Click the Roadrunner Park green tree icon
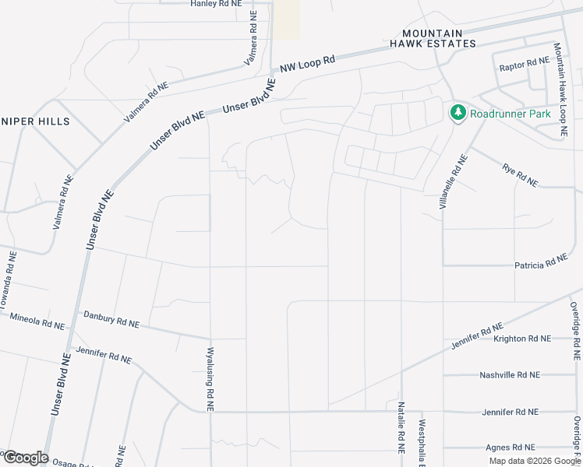(x=458, y=113)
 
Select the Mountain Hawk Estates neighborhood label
(x=439, y=38)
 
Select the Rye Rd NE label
(x=520, y=175)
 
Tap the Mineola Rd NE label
(x=37, y=321)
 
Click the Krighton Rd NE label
(x=522, y=339)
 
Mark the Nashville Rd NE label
(x=511, y=375)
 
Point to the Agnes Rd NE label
(x=510, y=448)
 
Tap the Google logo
(x=26, y=458)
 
